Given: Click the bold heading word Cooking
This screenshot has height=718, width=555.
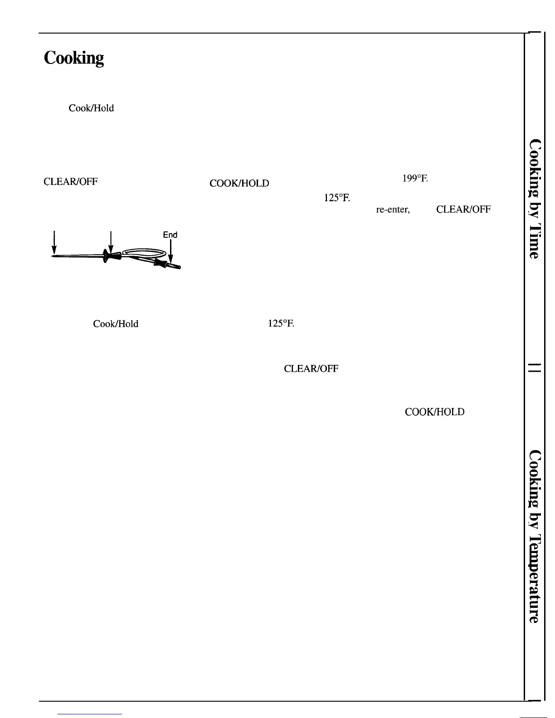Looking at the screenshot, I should (74, 58).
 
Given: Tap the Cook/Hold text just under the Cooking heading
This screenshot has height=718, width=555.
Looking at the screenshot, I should (91, 108).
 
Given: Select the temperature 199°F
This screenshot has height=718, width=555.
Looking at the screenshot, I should (415, 179).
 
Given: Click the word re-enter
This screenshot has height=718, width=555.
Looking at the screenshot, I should (393, 210).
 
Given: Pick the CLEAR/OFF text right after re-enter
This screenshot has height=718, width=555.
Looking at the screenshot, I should (463, 210).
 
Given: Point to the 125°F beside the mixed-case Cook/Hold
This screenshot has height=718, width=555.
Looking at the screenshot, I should (281, 324).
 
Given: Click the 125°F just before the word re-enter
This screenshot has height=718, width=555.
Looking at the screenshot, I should (336, 198).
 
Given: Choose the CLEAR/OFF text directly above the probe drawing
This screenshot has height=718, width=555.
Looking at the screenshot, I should (71, 182).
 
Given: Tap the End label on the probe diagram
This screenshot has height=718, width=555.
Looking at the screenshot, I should (170, 235).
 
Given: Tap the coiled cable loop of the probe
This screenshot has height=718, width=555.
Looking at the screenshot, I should (144, 252).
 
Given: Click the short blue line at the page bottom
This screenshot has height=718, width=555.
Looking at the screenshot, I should (90, 714).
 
